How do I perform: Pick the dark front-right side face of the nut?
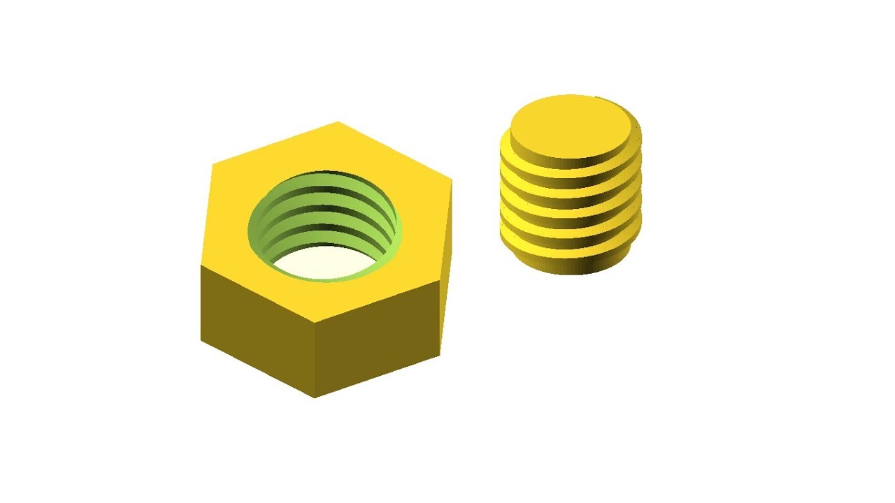(x=378, y=335)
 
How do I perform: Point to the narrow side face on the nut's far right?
(x=446, y=272)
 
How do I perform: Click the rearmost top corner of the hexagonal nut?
(x=338, y=122)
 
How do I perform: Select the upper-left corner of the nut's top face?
(x=213, y=165)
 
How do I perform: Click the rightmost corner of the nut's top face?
(x=452, y=180)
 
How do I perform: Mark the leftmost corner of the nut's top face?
(x=201, y=265)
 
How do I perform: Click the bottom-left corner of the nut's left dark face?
(x=201, y=340)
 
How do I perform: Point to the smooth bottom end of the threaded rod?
(x=570, y=264)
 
